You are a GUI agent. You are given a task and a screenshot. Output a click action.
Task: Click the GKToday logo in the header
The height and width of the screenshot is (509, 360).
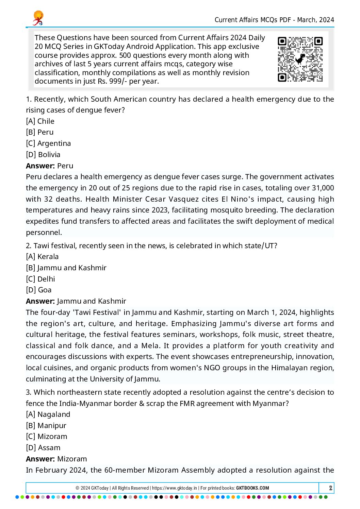[38, 18]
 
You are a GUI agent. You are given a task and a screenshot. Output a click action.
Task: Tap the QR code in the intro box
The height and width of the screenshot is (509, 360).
[300, 60]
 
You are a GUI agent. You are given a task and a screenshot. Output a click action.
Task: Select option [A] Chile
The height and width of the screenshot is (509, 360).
[40, 121]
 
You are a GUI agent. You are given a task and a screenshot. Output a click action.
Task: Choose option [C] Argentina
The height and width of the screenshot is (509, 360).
[48, 143]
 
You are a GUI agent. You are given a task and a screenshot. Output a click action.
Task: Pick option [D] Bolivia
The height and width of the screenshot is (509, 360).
[43, 155]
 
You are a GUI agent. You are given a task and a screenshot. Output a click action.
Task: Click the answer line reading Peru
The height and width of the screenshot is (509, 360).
[50, 166]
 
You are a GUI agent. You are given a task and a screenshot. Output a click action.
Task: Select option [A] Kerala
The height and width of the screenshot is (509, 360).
[42, 257]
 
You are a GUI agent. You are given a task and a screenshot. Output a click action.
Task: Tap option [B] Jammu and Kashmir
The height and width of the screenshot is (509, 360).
[66, 268]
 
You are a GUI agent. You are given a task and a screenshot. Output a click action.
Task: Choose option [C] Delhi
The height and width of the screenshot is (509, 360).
[40, 279]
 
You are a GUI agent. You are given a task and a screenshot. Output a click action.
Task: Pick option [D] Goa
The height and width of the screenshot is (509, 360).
[39, 290]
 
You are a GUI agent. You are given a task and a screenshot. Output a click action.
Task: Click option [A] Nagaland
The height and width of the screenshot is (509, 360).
[48, 414]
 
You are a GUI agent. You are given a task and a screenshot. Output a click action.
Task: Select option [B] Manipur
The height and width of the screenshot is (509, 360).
[46, 426]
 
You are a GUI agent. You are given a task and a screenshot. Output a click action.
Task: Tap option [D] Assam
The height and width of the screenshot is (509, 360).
[43, 448]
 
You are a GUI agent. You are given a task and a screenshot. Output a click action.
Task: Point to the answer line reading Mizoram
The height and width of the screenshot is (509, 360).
[56, 459]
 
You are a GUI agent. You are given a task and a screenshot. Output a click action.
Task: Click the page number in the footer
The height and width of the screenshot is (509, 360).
[330, 488]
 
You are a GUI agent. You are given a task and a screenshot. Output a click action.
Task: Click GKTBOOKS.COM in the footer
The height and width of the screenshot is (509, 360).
[252, 488]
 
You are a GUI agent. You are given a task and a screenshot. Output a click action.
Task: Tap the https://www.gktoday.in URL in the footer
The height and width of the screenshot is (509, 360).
[175, 488]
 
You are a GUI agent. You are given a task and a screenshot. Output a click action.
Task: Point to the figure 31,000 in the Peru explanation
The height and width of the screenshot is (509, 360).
[323, 188]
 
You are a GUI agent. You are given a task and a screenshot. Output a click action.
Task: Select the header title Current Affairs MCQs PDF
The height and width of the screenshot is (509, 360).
[253, 20]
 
